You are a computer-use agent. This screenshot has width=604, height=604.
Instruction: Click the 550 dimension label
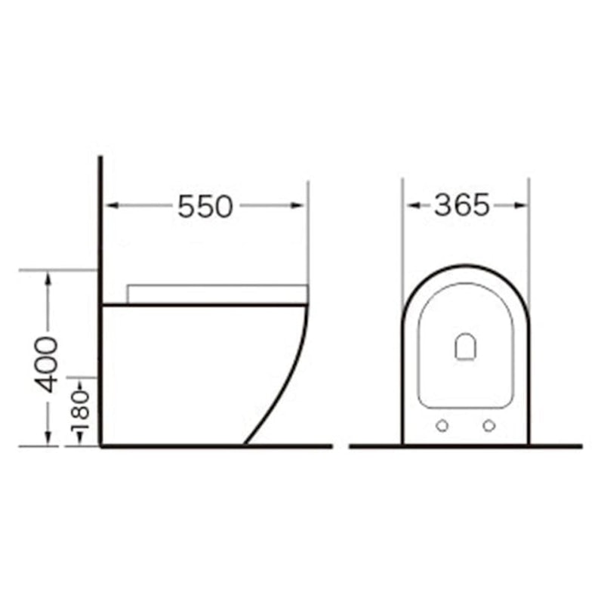(205, 206)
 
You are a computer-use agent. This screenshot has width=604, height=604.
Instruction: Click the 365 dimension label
(462, 205)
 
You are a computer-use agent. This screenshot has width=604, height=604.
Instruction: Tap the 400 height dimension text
(46, 365)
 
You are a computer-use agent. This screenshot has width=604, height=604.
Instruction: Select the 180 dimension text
(80, 410)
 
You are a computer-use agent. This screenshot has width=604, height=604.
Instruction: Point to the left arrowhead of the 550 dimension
(112, 205)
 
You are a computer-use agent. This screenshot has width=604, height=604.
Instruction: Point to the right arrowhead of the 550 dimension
(297, 205)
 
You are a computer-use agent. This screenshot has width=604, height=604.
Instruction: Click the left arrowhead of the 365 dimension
(413, 205)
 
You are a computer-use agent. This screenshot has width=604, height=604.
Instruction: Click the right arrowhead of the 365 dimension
(520, 205)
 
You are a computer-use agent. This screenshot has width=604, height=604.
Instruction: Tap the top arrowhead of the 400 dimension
(48, 278)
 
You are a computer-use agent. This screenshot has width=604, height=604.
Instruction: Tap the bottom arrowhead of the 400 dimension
(48, 439)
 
